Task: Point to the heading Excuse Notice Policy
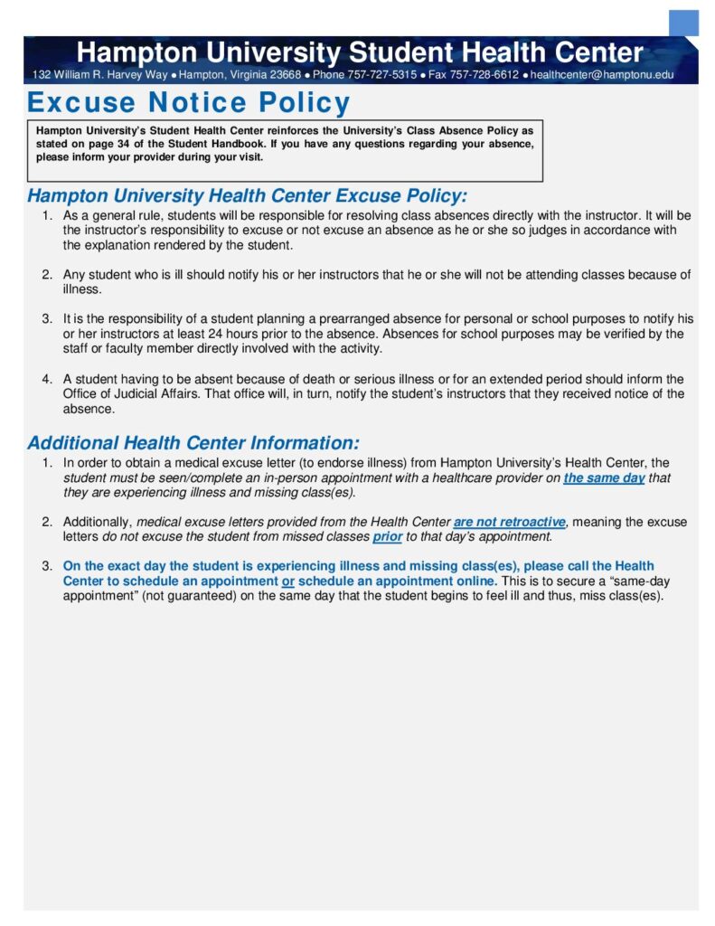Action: [188, 103]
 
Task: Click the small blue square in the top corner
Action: [683, 23]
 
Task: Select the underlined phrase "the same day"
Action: [604, 478]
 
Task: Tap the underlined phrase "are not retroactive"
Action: [509, 522]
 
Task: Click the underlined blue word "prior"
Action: [387, 536]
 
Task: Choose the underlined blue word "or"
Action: [288, 581]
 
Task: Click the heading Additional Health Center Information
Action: [193, 443]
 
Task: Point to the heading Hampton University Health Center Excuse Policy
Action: [247, 196]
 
